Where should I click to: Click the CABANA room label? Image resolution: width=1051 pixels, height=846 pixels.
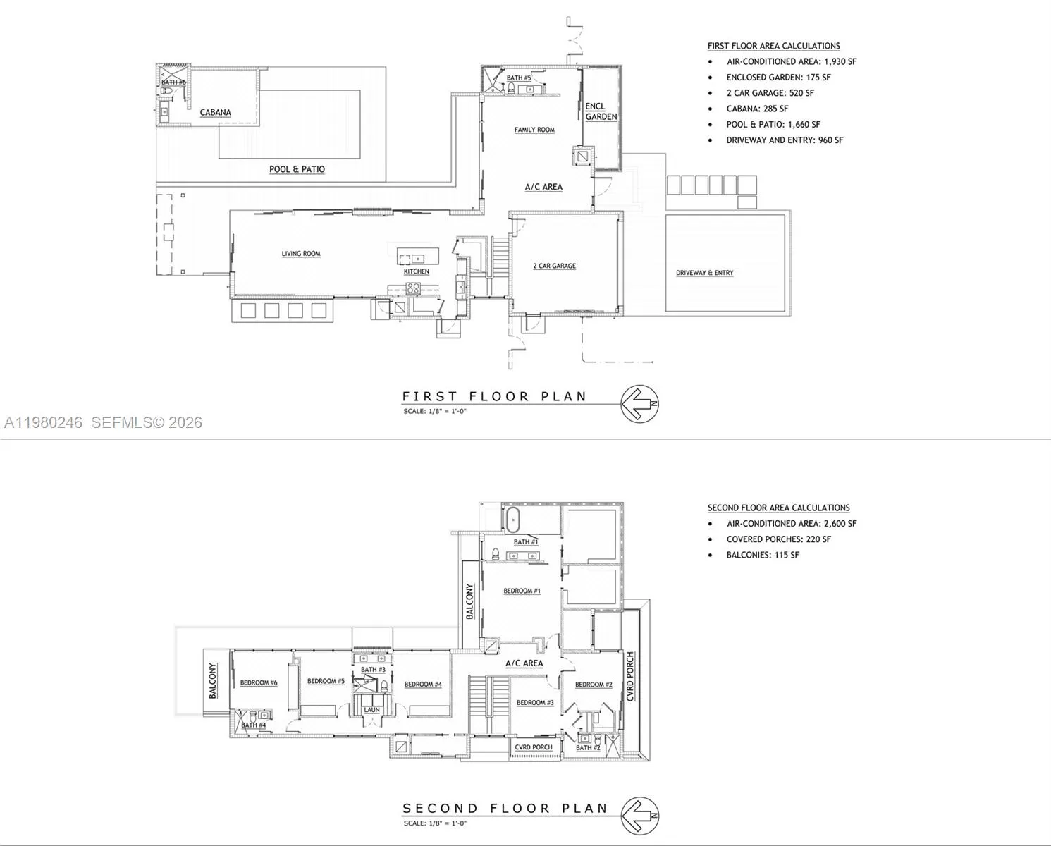pos(215,112)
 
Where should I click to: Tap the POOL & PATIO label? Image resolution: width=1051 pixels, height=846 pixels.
pos(297,169)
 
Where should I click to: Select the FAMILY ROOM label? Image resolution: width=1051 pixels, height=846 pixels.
pos(534,130)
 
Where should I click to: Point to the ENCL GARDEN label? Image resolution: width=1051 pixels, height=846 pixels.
pos(601,111)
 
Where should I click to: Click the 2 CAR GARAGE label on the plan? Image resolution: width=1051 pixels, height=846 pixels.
pos(554,266)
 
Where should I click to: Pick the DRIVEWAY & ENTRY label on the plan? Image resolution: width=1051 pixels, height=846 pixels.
pos(704,273)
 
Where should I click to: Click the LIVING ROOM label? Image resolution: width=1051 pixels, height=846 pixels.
pos(301,254)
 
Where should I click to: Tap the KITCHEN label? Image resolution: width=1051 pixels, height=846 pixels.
pos(416,271)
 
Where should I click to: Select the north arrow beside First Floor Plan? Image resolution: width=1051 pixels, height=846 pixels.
pos(639,405)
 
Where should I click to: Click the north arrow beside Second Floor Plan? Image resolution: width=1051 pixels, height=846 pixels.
pos(639,816)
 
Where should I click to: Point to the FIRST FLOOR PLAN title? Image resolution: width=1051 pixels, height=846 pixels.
pos(494,396)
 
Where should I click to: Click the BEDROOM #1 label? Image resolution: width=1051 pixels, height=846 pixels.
pos(522,591)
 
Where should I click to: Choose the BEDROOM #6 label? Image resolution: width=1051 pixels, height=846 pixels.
pos(259,682)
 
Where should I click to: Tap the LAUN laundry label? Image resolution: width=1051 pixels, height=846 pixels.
pos(371,710)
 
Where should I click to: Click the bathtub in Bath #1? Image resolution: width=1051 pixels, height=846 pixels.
pos(512,520)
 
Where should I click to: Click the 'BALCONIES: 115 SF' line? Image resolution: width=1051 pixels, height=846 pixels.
pos(763,555)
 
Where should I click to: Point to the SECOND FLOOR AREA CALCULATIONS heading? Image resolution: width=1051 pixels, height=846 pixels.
pos(778,508)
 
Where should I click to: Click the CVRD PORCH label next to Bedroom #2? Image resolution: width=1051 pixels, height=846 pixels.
pos(630,677)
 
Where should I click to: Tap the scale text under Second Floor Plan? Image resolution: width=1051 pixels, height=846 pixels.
pos(435,823)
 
